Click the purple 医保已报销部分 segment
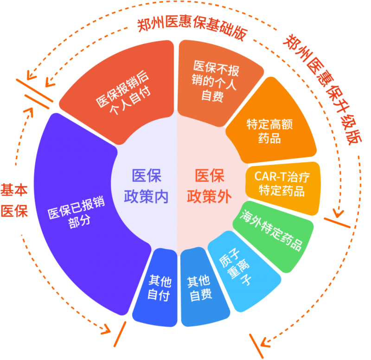78,213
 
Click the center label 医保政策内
146,186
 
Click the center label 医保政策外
210,186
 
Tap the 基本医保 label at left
14,200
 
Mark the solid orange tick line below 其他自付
120,334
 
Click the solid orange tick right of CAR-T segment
337,223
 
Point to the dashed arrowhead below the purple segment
106,329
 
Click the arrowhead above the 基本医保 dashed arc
28,112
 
